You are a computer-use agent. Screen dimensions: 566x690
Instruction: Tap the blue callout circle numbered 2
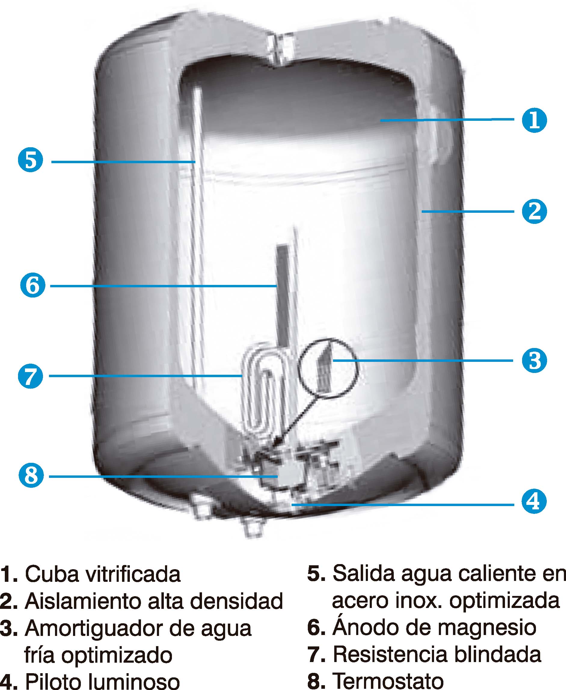534,211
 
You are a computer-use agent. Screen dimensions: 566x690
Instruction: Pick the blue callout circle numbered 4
534,501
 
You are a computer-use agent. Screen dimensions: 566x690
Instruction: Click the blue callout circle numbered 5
31,160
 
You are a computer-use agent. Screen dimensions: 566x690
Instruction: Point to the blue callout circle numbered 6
32,285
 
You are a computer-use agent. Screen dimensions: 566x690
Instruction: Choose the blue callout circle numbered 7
31,376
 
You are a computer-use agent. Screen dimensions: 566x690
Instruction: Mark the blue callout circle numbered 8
31,475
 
